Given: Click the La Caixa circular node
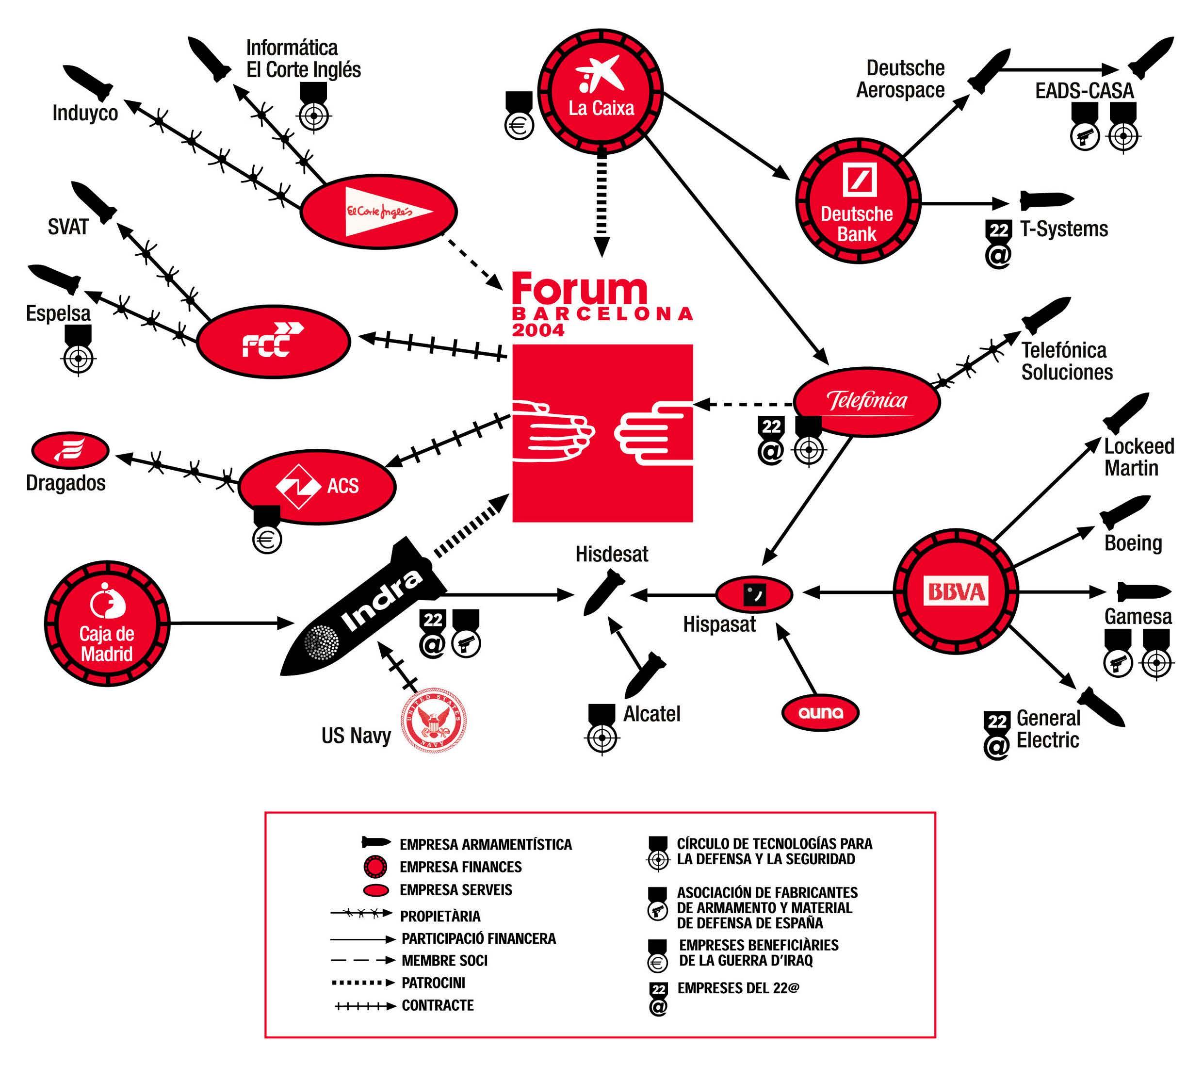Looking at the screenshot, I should coord(601,91).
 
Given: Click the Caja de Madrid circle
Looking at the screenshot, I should coord(107,623).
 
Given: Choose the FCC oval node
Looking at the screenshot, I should coord(273,342).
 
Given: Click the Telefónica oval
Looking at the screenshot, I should coord(866,402).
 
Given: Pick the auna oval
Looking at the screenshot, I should coord(820,713).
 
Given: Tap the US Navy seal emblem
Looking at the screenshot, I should coord(434,721).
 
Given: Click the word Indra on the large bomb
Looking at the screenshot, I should coord(381,602).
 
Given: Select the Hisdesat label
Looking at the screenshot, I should coord(612,555).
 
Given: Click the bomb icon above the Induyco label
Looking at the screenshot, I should coord(88,82).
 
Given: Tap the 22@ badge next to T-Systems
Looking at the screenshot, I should coord(998,243).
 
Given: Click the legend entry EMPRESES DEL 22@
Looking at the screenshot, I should coord(738,988).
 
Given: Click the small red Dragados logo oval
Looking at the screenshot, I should coord(69,450).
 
